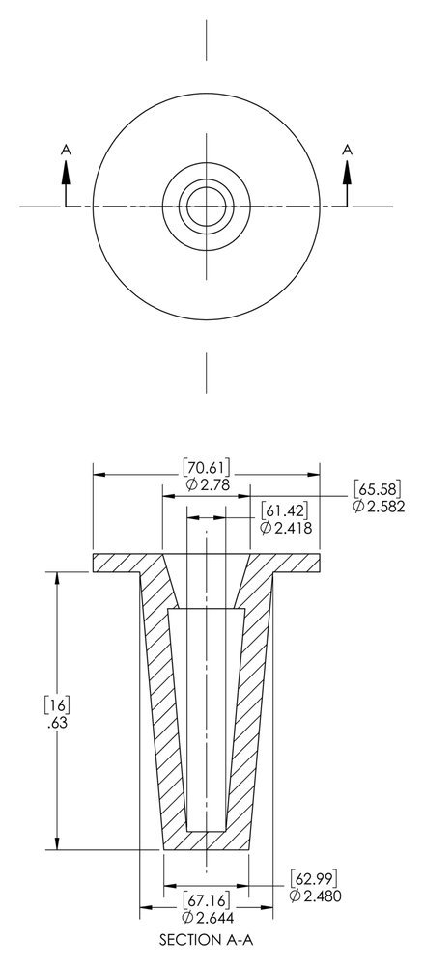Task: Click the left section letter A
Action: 66,149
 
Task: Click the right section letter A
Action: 346,149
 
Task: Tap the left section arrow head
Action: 66,171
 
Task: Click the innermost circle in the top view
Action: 206,206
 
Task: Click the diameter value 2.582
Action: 376,506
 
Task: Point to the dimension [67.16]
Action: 206,901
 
